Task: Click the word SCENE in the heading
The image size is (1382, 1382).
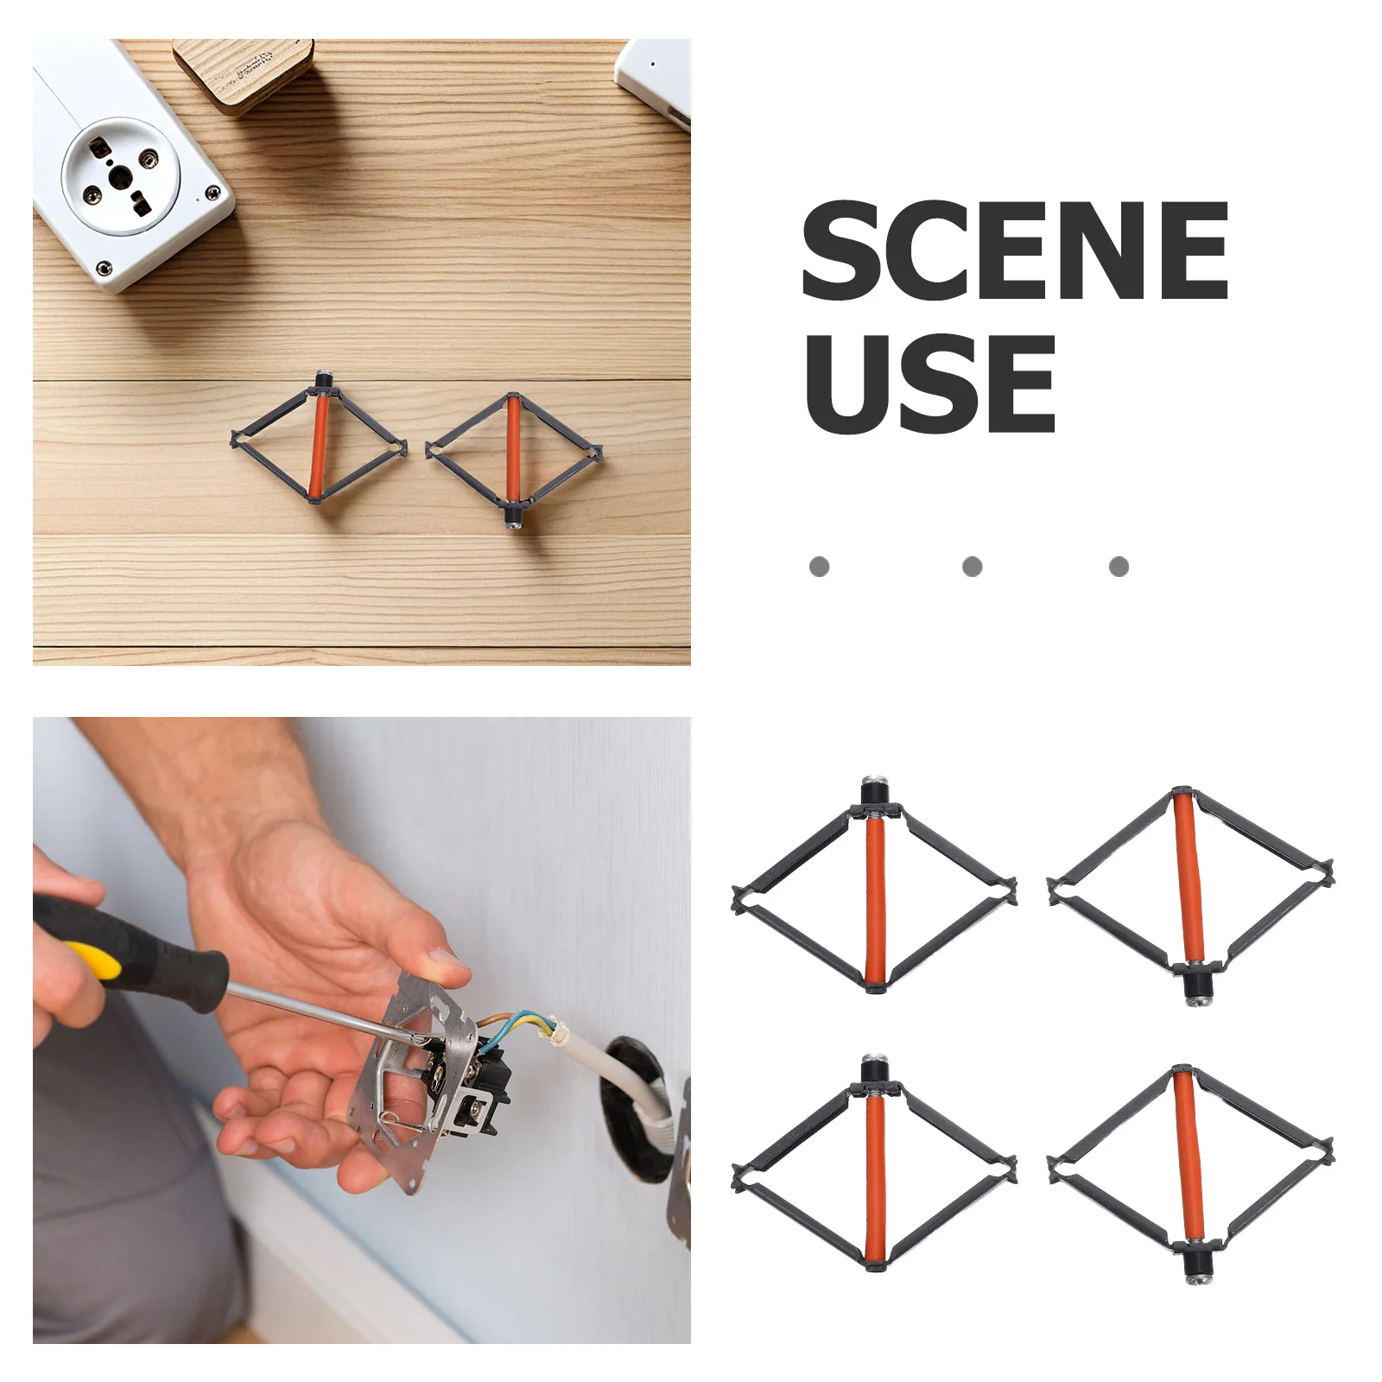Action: point(1015,250)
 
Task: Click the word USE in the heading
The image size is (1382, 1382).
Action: point(929,384)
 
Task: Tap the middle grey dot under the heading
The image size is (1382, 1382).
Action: point(972,567)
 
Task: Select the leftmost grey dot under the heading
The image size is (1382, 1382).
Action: point(819,567)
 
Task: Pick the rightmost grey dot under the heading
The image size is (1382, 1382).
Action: point(1119,567)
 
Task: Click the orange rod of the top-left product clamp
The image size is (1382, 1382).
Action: point(876,900)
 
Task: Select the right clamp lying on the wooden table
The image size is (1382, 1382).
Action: point(514,460)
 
